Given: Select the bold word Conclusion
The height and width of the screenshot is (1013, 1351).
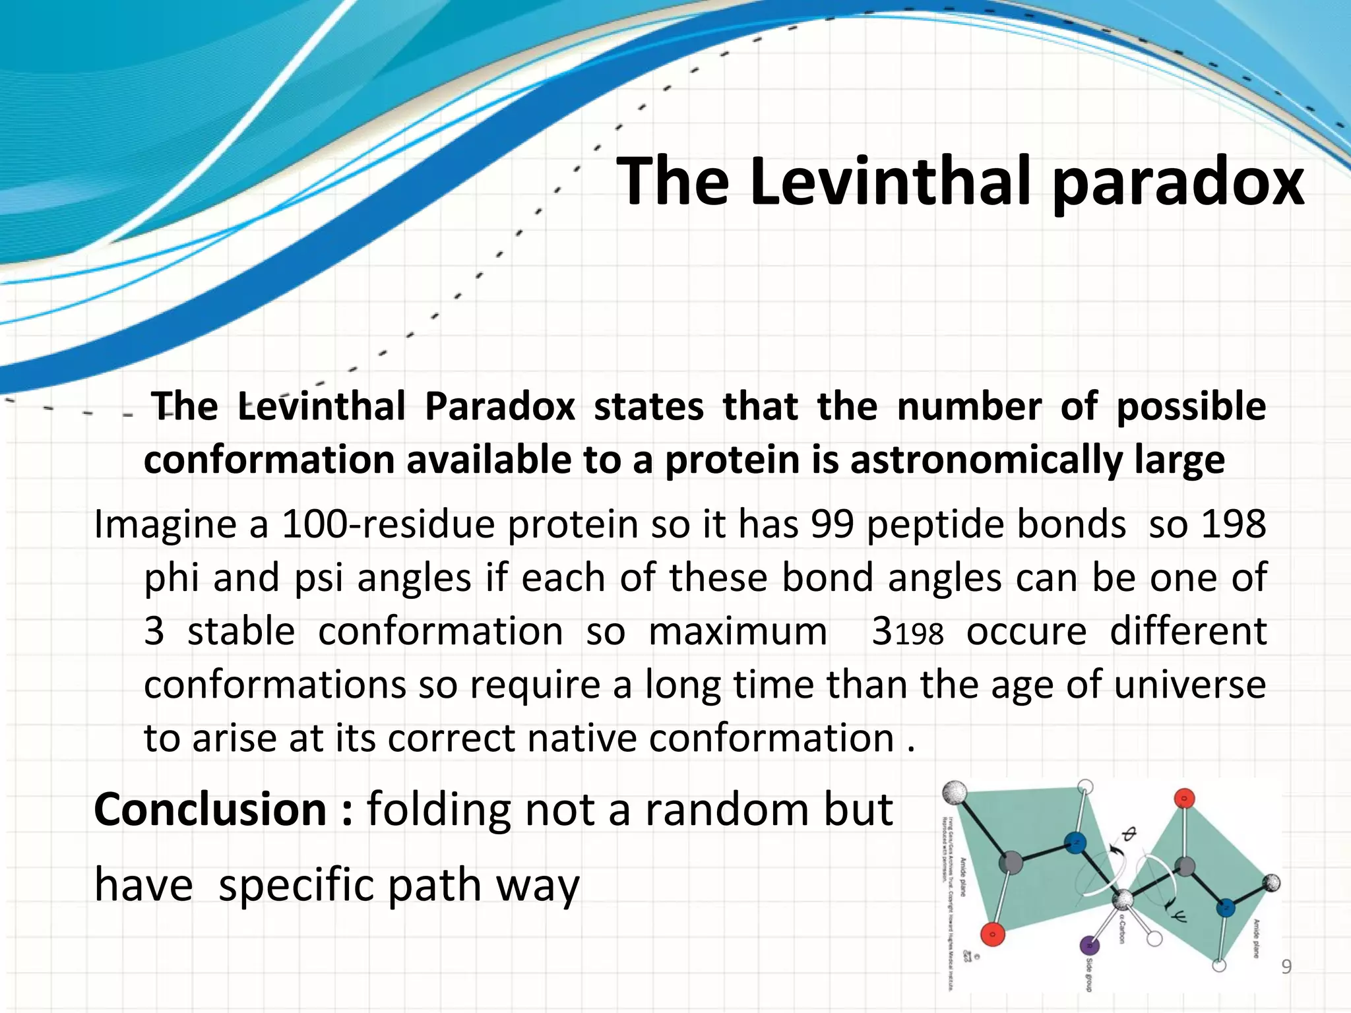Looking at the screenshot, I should point(210,810).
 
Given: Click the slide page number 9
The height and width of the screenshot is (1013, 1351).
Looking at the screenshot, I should point(1286,967).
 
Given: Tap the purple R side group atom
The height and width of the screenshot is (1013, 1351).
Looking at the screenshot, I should point(1088,946).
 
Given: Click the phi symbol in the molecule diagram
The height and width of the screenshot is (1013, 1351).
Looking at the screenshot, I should point(1128,836).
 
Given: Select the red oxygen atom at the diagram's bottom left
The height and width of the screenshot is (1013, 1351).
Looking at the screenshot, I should point(991,934).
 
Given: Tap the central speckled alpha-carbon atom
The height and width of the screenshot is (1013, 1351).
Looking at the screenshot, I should point(1122,900).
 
